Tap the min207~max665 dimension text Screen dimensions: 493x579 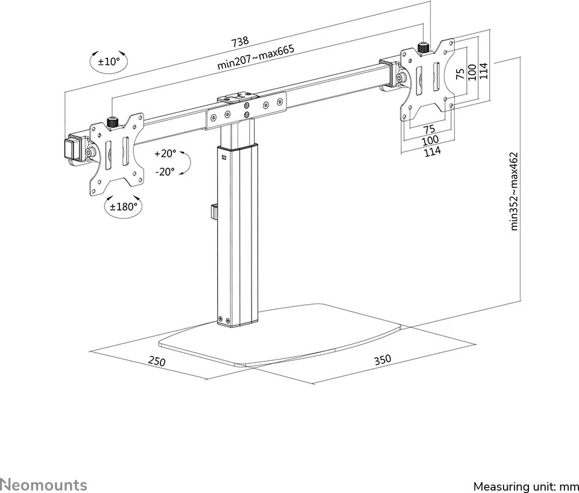click(x=256, y=59)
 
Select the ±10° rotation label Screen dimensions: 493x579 click(x=109, y=61)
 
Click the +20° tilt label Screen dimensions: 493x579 click(x=164, y=153)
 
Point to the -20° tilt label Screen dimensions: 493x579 click(x=164, y=171)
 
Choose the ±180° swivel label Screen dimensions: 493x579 click(x=123, y=206)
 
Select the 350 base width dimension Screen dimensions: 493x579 click(x=382, y=360)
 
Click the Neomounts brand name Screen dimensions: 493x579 click(x=43, y=485)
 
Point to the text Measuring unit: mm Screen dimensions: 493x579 click(x=525, y=486)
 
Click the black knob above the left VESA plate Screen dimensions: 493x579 click(x=112, y=121)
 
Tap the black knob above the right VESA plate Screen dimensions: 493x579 click(x=424, y=47)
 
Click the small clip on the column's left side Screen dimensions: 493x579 click(x=213, y=212)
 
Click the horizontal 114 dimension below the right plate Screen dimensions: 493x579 click(x=432, y=151)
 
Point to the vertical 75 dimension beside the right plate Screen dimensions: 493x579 click(x=460, y=74)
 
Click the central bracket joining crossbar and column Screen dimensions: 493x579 click(x=244, y=109)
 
